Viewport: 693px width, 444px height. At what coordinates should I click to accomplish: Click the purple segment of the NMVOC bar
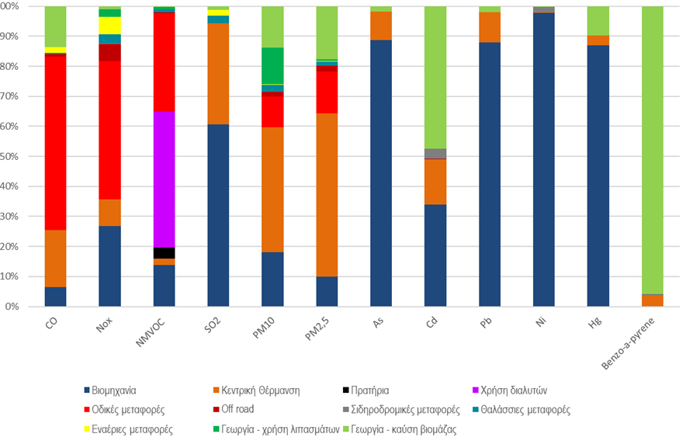coord(164,179)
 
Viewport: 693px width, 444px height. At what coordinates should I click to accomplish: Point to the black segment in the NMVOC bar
coord(164,253)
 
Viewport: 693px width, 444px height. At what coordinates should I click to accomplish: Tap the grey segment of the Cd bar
coord(435,154)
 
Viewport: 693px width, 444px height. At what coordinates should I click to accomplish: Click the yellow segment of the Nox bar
coord(109,26)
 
